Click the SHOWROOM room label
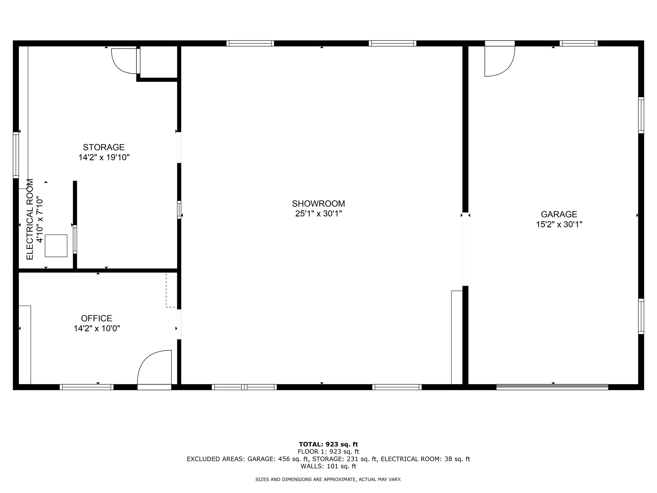319,204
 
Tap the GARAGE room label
559,214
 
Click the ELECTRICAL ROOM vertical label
30,219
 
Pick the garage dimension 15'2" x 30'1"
559,224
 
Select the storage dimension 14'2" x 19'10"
104,157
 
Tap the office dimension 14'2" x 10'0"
97,328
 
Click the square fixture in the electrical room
56,246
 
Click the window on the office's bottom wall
87,387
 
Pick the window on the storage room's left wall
16,155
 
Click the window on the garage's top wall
579,43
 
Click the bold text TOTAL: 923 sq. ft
328,444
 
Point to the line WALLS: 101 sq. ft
328,466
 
